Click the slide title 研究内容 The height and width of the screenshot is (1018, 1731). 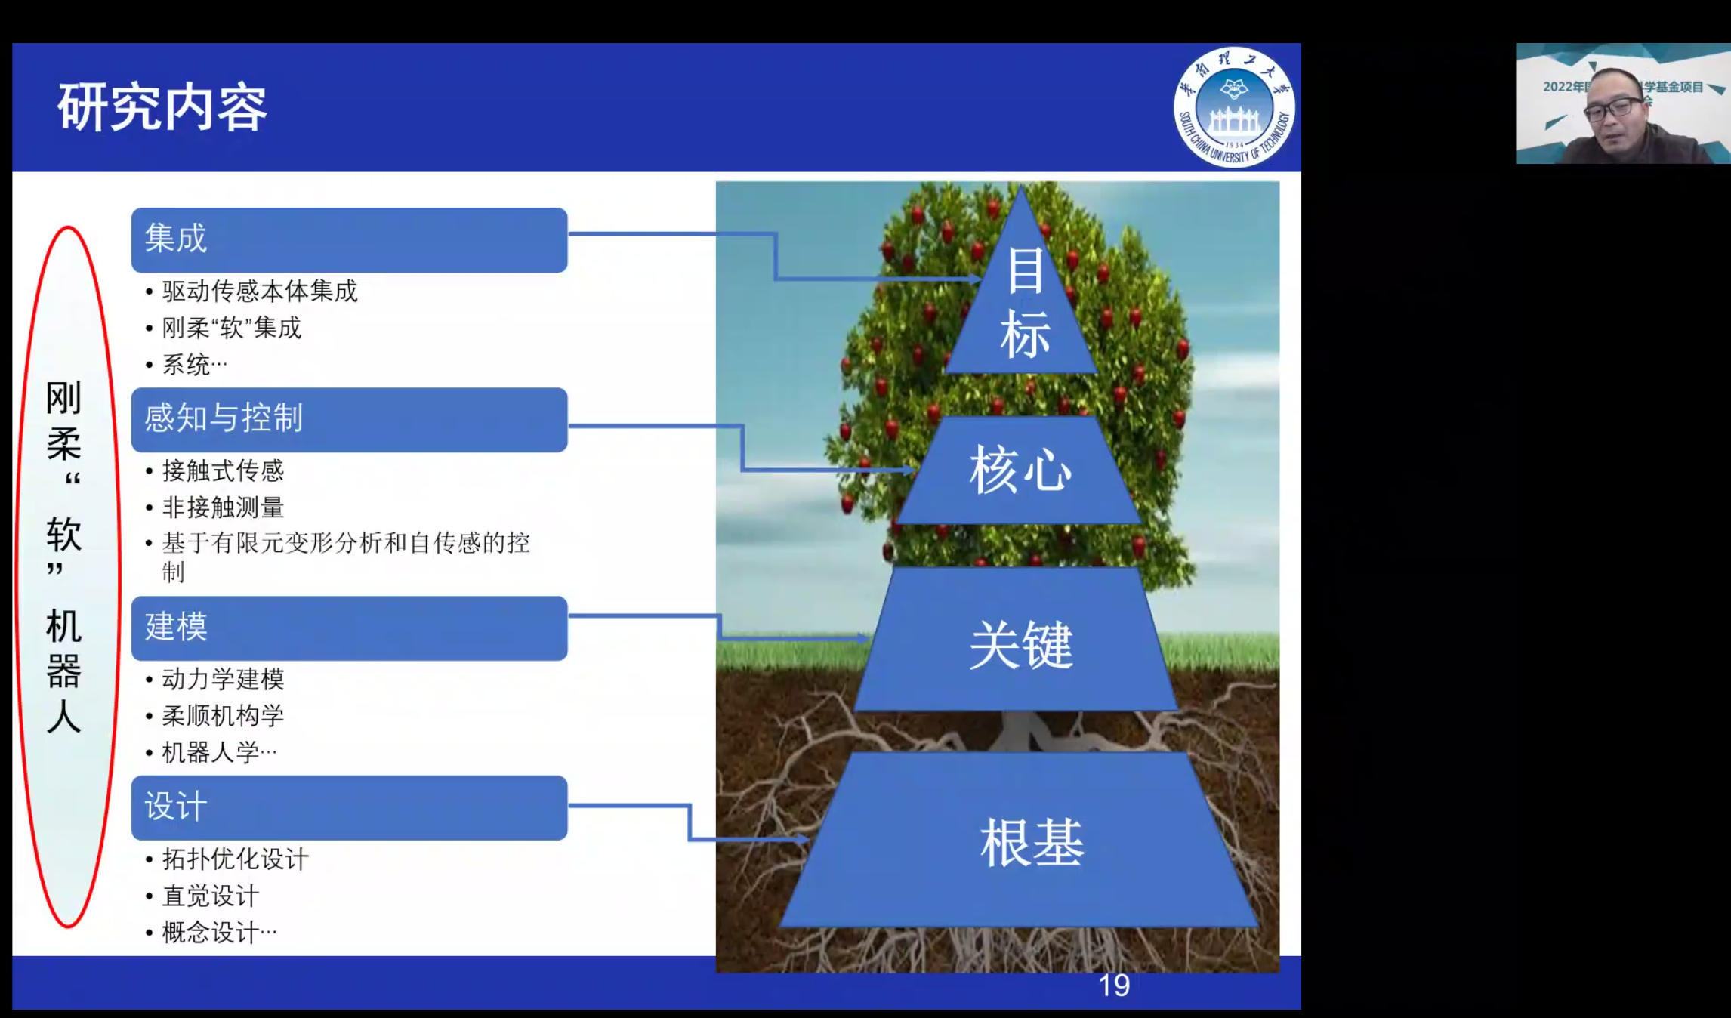coord(162,107)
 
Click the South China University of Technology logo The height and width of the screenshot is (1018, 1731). coord(1234,107)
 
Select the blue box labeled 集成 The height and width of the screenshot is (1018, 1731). coord(349,239)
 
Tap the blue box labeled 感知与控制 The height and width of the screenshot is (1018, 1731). coord(349,419)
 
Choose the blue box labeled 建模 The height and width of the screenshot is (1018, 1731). coord(349,628)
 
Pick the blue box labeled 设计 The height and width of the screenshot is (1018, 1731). coord(349,807)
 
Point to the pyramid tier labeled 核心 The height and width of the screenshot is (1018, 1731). coord(1020,470)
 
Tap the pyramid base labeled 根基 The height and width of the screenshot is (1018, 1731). coord(1020,840)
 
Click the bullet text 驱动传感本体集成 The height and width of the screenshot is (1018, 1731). coord(259,291)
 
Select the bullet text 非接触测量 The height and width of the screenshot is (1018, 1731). coord(223,507)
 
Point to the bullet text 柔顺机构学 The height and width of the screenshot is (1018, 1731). coord(223,715)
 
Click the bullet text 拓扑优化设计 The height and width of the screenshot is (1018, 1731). coord(235,859)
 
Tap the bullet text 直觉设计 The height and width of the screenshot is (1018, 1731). coord(211,896)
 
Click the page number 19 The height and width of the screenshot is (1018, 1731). coord(1114,986)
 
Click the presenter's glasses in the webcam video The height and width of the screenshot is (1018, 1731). coord(1613,109)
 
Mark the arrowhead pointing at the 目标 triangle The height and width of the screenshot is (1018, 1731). coord(975,279)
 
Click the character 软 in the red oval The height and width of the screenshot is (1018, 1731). coord(63,535)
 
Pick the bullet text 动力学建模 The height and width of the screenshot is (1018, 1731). coord(223,679)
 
